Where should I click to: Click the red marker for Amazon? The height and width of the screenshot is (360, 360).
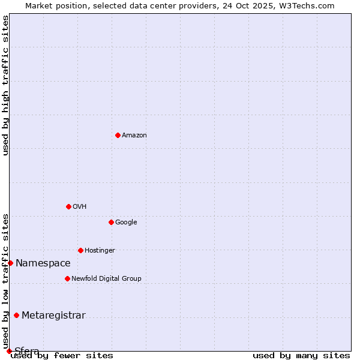tap(118, 135)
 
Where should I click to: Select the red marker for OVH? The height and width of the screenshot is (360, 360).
tap(68, 206)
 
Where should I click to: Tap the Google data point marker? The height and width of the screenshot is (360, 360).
tap(111, 222)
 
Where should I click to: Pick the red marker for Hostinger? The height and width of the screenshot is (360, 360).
tap(80, 250)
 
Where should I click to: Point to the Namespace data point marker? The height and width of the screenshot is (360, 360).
tap(10, 263)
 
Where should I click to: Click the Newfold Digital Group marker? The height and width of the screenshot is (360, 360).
tap(67, 278)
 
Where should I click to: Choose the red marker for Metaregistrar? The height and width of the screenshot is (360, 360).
tap(16, 316)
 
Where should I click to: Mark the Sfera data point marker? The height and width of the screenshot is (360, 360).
tap(9, 351)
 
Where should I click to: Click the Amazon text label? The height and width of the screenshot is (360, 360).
tap(134, 136)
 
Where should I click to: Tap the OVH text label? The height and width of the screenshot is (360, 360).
tap(80, 207)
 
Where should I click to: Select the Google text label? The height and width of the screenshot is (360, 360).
tap(126, 223)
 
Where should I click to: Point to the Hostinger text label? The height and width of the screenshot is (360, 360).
tap(100, 251)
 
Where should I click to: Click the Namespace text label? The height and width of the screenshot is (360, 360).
tap(43, 263)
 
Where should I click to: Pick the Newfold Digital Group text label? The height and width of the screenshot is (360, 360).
tap(106, 279)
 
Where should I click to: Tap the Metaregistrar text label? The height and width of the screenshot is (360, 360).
tap(53, 316)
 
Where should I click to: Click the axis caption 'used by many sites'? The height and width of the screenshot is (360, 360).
tap(301, 355)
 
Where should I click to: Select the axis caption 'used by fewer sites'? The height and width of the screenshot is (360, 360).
tap(62, 355)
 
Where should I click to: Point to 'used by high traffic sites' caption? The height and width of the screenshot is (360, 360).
tap(5, 85)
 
